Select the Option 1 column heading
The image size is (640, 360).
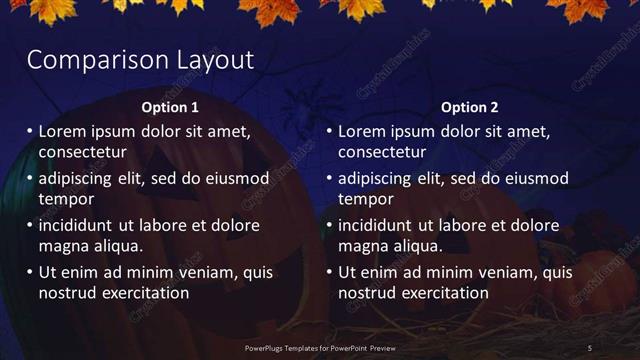point(170,107)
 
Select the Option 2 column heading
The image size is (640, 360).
point(469,107)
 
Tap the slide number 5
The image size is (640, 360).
point(590,347)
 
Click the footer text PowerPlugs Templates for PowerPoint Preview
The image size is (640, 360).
point(319,347)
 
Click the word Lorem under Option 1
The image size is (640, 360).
point(63,131)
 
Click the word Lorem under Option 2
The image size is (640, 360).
point(363,131)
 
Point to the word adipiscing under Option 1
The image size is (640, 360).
point(79,178)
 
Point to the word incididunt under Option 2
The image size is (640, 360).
point(381,225)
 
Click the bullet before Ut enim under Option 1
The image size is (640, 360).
point(28,272)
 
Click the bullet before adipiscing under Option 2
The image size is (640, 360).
point(328,178)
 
